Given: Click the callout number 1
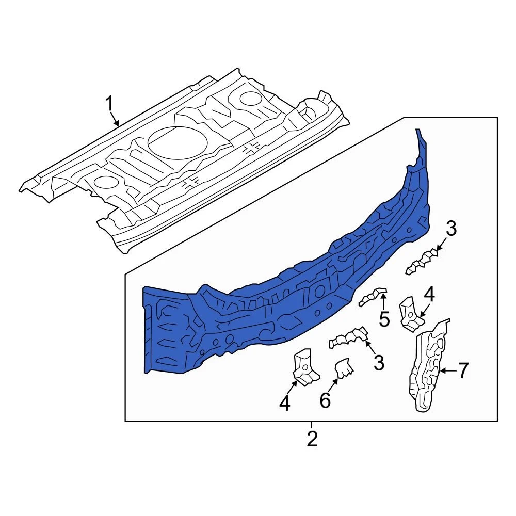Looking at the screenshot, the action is coord(109,104).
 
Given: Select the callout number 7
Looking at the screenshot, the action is coord(463,370).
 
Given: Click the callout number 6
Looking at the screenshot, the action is coord(325,400).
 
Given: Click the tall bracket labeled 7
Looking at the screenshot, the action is coord(429,365).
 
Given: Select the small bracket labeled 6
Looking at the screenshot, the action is coord(344,368).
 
